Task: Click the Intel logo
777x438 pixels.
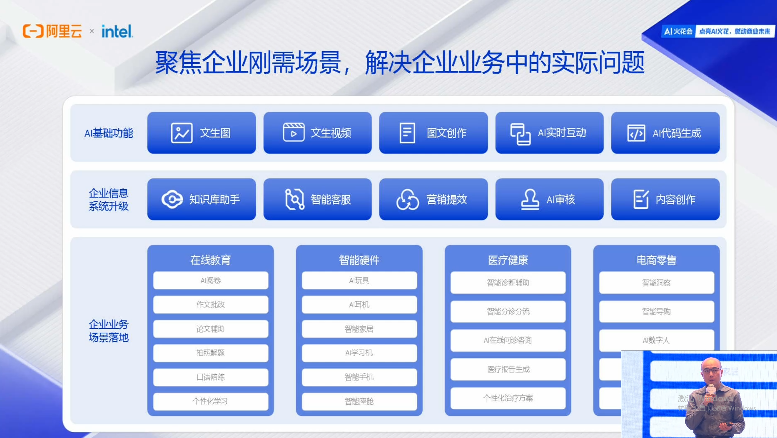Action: (x=117, y=31)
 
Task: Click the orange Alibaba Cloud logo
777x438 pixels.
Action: (x=52, y=31)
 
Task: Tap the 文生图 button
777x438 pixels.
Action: (x=202, y=133)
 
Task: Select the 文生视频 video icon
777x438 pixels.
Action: (x=294, y=133)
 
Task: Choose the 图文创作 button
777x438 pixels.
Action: (x=433, y=133)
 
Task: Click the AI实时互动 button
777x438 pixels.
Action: (x=549, y=133)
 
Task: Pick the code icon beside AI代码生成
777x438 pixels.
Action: (x=636, y=133)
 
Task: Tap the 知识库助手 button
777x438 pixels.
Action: (x=202, y=199)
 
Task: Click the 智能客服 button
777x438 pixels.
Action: (x=317, y=199)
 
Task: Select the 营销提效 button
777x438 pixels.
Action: (x=433, y=199)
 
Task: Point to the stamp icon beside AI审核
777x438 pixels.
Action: (x=530, y=199)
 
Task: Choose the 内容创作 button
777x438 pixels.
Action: (x=665, y=199)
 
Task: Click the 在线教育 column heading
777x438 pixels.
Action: (x=210, y=260)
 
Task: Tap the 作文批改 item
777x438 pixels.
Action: (x=210, y=305)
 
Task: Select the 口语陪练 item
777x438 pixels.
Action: (x=210, y=377)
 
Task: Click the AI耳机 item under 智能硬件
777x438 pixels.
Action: (x=359, y=305)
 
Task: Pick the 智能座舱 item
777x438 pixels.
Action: (x=359, y=401)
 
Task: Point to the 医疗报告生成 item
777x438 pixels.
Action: (x=508, y=369)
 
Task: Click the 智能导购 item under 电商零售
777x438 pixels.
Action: (x=656, y=311)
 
